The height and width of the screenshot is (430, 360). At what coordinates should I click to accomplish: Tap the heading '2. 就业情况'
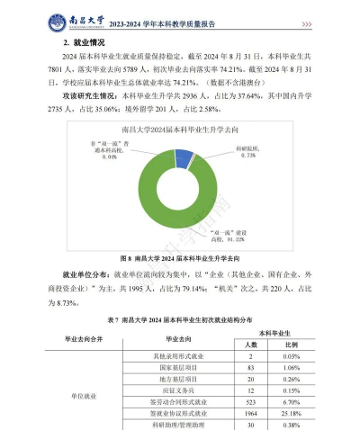[82, 42]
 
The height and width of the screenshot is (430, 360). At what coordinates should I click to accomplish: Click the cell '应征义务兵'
[175, 390]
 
